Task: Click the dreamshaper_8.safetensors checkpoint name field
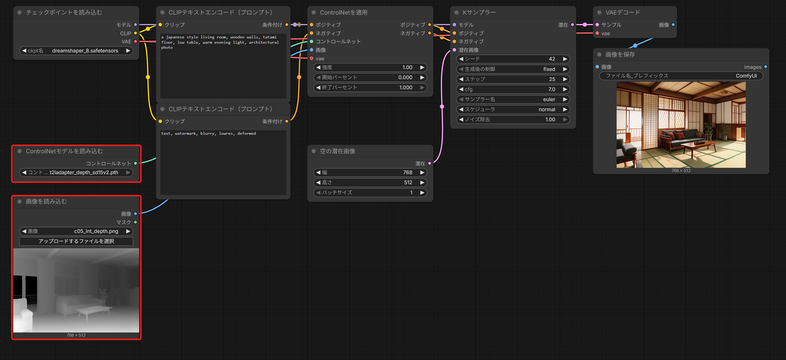point(76,51)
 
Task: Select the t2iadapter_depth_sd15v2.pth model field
point(76,172)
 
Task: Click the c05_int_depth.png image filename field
point(76,231)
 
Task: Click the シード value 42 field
point(513,59)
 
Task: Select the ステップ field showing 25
point(513,79)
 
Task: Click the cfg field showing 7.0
point(513,89)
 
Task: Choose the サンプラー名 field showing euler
point(513,99)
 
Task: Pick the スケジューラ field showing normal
point(513,110)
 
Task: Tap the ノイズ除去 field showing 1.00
point(513,120)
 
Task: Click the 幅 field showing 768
point(370,172)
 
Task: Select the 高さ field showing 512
point(370,183)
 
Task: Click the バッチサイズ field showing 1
point(370,193)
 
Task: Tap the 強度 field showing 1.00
point(370,67)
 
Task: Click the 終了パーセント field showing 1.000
point(370,87)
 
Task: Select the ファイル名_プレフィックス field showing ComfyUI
point(681,76)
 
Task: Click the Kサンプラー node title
point(479,12)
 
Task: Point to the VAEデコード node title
point(622,12)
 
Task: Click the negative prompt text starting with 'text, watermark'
point(208,133)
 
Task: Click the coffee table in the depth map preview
point(94,312)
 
